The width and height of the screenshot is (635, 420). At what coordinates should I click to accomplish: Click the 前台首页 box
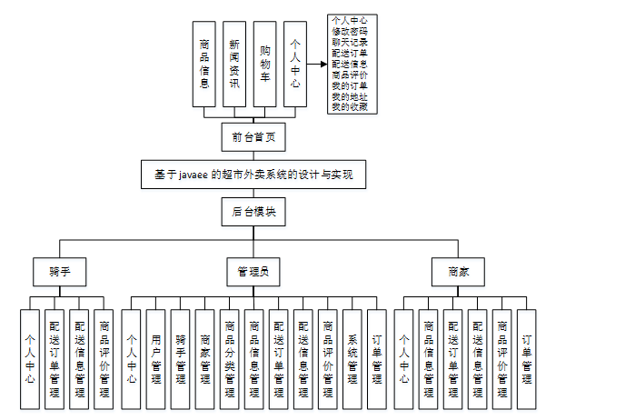click(x=253, y=137)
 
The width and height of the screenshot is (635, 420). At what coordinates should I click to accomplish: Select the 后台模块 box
click(x=253, y=212)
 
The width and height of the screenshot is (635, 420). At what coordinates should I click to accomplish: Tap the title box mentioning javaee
click(x=253, y=175)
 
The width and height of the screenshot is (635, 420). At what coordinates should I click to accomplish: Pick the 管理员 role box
click(x=253, y=271)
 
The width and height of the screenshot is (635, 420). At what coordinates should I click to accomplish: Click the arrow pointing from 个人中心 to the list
click(x=315, y=65)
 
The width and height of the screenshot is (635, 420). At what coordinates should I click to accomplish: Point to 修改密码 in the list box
click(x=351, y=31)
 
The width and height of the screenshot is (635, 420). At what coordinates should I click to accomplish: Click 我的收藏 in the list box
click(x=351, y=107)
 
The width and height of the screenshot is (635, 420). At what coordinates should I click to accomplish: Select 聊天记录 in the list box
click(x=351, y=42)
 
